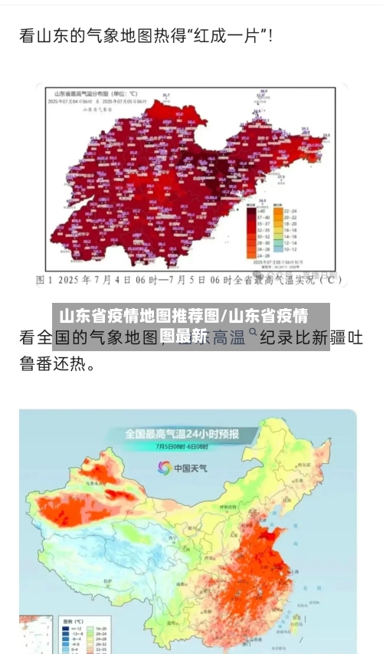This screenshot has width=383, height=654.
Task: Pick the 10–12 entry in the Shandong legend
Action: [x=290, y=249]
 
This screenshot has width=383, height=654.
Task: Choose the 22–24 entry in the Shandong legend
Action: [x=290, y=210]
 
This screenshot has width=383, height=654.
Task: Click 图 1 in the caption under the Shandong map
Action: [x=47, y=280]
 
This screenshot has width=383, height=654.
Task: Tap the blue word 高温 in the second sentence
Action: [x=228, y=337]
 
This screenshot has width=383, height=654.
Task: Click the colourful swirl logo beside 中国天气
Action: [x=165, y=467]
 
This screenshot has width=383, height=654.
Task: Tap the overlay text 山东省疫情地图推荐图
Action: [x=138, y=316]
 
